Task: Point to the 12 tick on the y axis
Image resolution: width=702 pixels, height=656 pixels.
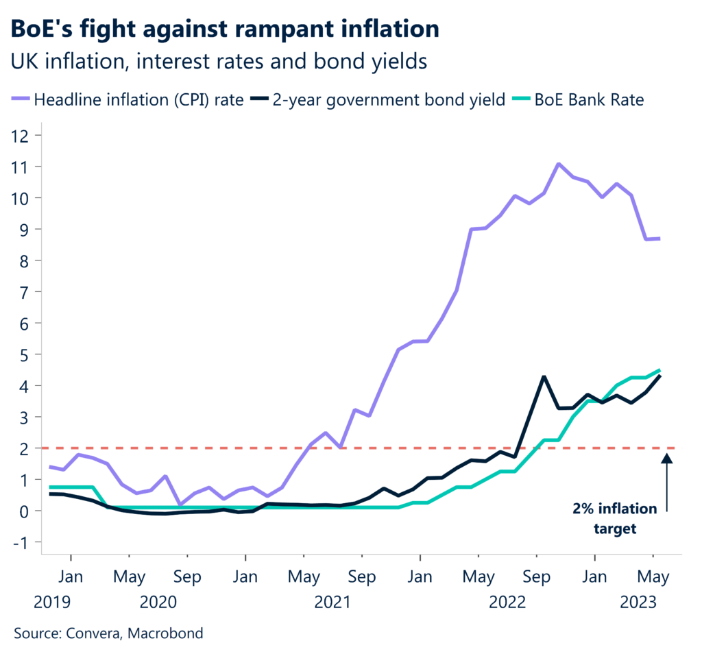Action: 23,135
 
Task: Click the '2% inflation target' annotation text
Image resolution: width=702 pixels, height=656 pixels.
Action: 615,519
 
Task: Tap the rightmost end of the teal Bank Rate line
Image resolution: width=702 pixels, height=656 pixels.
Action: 659,369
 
